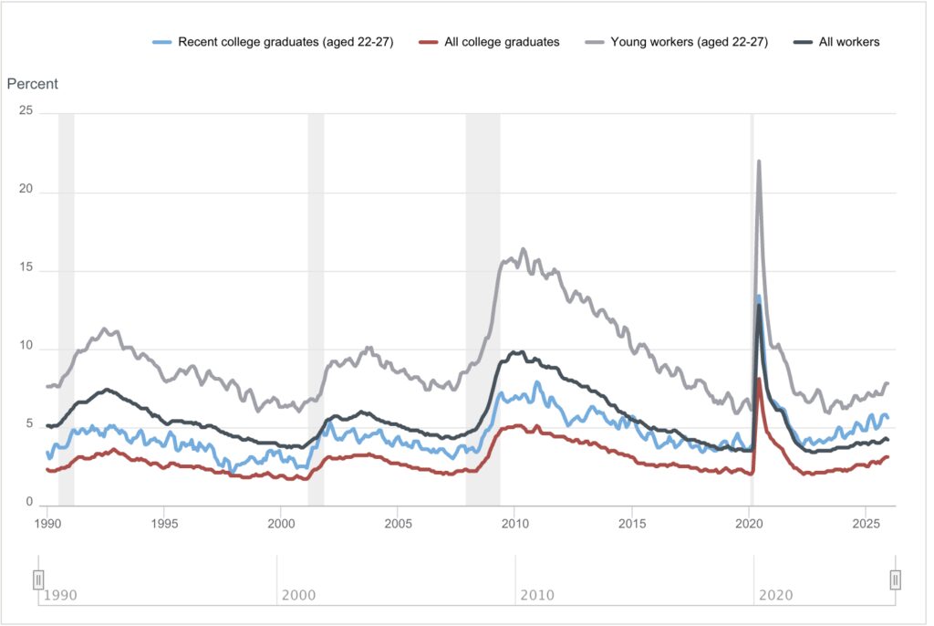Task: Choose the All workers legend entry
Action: click(x=838, y=42)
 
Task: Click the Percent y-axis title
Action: click(x=33, y=84)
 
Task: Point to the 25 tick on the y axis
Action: click(x=26, y=110)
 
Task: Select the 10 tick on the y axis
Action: click(x=26, y=347)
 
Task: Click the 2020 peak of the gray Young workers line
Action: click(x=759, y=162)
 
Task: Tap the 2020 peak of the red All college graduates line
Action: click(x=759, y=379)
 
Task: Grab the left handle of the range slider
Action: click(x=38, y=579)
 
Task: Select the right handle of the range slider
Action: click(x=895, y=579)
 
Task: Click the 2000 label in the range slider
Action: click(x=299, y=595)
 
